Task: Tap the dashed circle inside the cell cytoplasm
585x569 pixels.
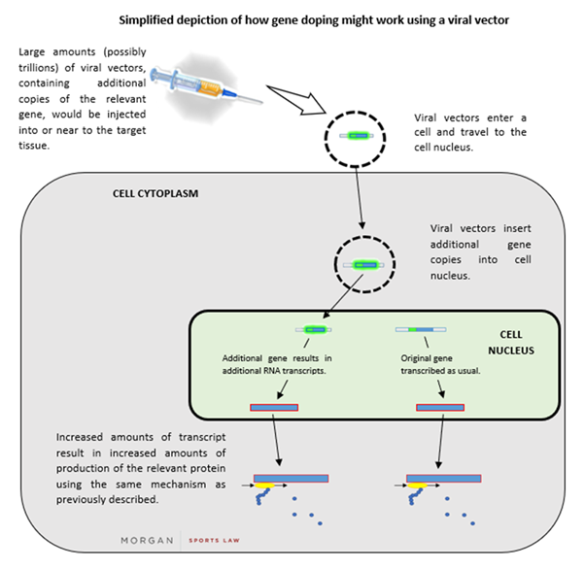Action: click(363, 263)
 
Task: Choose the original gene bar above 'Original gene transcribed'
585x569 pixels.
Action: click(420, 330)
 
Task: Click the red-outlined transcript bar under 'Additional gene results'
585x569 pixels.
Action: click(274, 407)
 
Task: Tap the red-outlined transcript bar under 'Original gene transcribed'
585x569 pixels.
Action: click(440, 407)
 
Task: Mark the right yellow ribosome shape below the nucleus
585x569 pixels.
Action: click(418, 489)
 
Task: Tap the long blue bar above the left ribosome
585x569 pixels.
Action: click(291, 478)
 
